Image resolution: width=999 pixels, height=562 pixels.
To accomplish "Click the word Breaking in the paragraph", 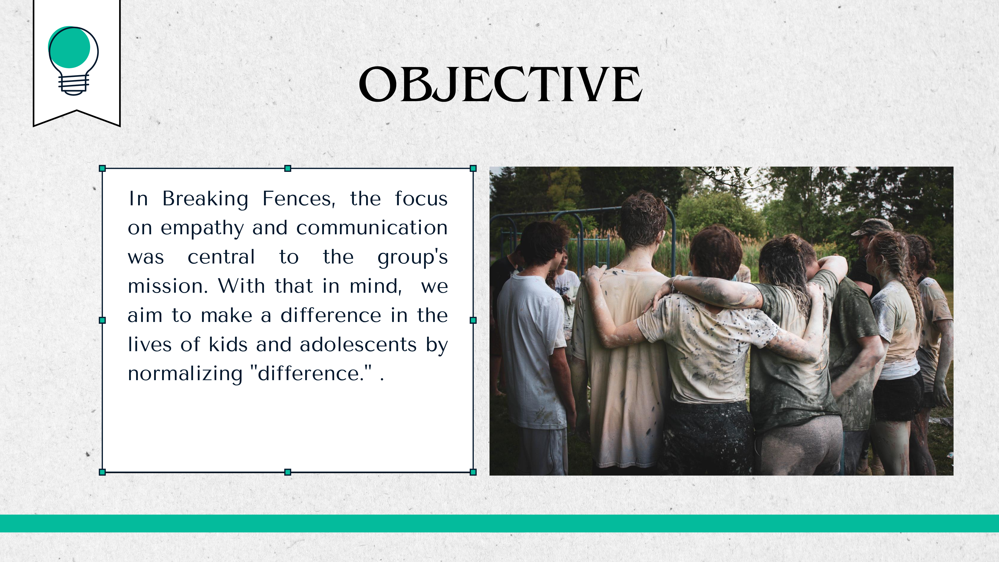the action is [205, 199].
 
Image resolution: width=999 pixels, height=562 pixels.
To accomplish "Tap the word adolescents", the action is [358, 344].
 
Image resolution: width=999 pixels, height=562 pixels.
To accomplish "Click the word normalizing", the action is [185, 374].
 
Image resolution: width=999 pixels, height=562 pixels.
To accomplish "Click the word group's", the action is [413, 258].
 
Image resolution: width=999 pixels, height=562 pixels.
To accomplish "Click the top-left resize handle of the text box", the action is [102, 168].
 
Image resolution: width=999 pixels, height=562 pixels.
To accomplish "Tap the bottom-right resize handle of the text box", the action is [473, 472].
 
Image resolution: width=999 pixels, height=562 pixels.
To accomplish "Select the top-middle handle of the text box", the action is [288, 168].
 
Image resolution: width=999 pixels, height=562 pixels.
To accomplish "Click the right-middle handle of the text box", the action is [473, 320].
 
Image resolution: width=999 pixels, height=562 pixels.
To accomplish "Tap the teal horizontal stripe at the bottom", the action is [499, 523].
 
